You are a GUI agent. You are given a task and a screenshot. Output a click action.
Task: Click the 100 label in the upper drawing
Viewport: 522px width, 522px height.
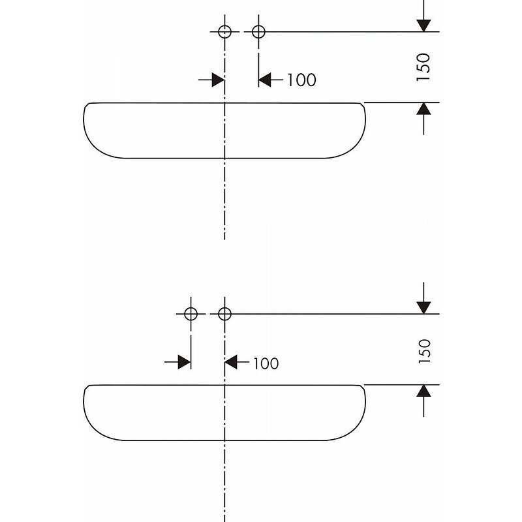[301, 80]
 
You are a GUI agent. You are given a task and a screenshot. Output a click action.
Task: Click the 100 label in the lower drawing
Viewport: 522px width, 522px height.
[264, 363]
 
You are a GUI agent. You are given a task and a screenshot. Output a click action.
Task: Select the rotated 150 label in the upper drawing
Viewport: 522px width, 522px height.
[424, 67]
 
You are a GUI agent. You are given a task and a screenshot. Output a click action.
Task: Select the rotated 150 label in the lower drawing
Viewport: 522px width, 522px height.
[424, 350]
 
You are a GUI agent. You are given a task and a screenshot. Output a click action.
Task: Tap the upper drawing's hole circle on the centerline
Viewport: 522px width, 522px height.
[224, 31]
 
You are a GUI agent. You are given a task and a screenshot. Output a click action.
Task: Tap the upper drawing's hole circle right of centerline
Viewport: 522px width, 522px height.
[258, 31]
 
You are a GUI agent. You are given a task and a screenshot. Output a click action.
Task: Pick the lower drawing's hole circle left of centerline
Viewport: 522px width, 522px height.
[191, 314]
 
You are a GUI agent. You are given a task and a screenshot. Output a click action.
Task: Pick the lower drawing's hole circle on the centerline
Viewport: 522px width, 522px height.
[224, 314]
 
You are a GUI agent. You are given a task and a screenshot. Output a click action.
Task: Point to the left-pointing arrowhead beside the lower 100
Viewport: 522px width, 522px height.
[231, 362]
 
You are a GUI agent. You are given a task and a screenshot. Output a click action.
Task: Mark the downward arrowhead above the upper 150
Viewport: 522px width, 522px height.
[424, 25]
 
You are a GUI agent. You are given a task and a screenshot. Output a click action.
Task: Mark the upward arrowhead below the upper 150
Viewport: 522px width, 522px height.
[424, 109]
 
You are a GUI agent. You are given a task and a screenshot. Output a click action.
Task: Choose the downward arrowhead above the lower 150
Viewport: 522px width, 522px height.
[424, 307]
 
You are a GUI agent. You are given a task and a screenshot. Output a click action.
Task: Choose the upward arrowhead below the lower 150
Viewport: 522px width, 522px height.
[424, 391]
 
